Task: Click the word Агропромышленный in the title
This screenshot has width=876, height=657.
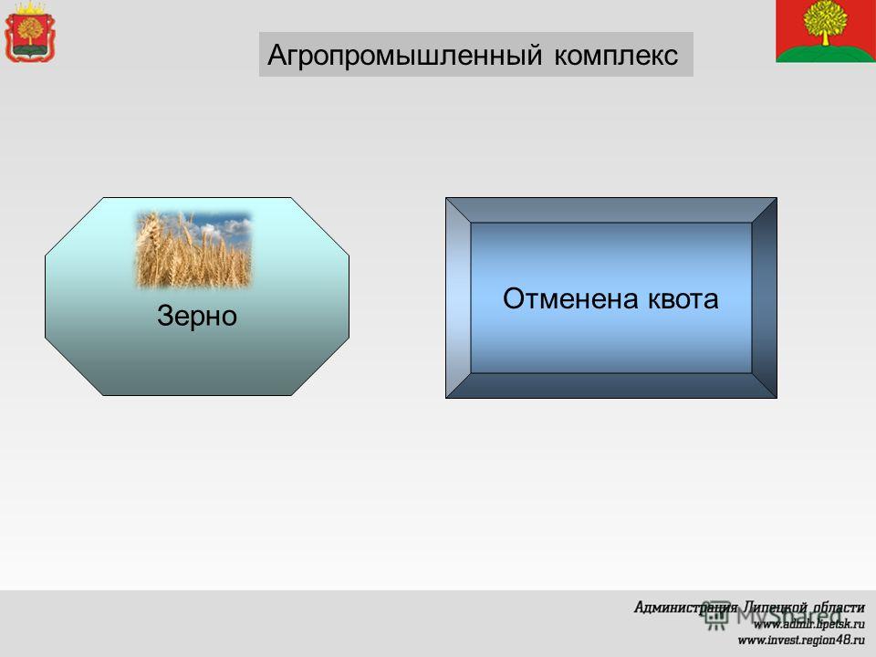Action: pos(405,56)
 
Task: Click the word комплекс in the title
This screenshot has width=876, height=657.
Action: pos(616,56)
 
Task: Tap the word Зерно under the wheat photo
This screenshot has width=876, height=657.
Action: pos(197,317)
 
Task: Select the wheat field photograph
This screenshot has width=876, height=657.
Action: pos(193,250)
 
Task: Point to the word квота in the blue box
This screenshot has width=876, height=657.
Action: pos(683,299)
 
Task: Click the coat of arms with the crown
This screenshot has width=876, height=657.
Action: pos(30,32)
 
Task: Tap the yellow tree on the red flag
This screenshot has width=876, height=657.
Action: pos(825,21)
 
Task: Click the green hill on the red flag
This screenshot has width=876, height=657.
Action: pos(826,53)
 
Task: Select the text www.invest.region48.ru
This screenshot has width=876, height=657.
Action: pos(801,640)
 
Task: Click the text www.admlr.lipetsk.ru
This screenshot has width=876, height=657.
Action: pos(808,623)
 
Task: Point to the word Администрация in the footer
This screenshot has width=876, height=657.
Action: pos(685,608)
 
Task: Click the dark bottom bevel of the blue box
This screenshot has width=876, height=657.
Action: pos(611,385)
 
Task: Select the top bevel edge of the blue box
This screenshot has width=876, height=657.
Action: pos(611,210)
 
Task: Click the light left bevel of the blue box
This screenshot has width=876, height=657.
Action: pos(458,297)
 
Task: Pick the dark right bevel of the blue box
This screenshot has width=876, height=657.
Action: pos(764,297)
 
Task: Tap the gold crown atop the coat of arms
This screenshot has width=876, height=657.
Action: pos(29,8)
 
